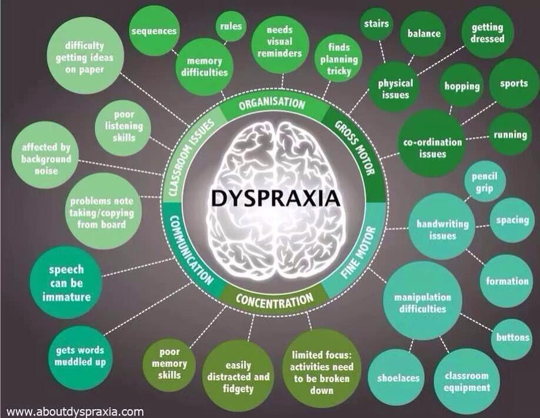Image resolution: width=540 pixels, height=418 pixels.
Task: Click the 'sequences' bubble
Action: click(x=154, y=31)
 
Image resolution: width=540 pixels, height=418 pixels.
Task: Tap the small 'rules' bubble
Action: click(x=231, y=26)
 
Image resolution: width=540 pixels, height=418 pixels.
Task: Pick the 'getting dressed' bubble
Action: click(x=487, y=32)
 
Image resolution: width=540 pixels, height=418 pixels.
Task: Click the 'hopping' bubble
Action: click(x=462, y=86)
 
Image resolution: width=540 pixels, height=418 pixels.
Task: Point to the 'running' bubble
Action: click(x=510, y=134)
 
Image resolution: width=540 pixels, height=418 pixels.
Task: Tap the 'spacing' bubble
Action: click(x=512, y=220)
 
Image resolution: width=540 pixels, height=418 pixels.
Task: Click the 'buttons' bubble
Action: click(x=512, y=338)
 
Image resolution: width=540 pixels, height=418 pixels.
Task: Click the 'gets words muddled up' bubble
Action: click(x=81, y=356)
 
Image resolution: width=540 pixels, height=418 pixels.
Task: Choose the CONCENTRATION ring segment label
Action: click(x=274, y=298)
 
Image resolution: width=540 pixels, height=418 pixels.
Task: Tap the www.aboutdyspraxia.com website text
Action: click(x=75, y=412)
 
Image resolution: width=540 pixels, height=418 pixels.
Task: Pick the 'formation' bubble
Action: click(x=507, y=281)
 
